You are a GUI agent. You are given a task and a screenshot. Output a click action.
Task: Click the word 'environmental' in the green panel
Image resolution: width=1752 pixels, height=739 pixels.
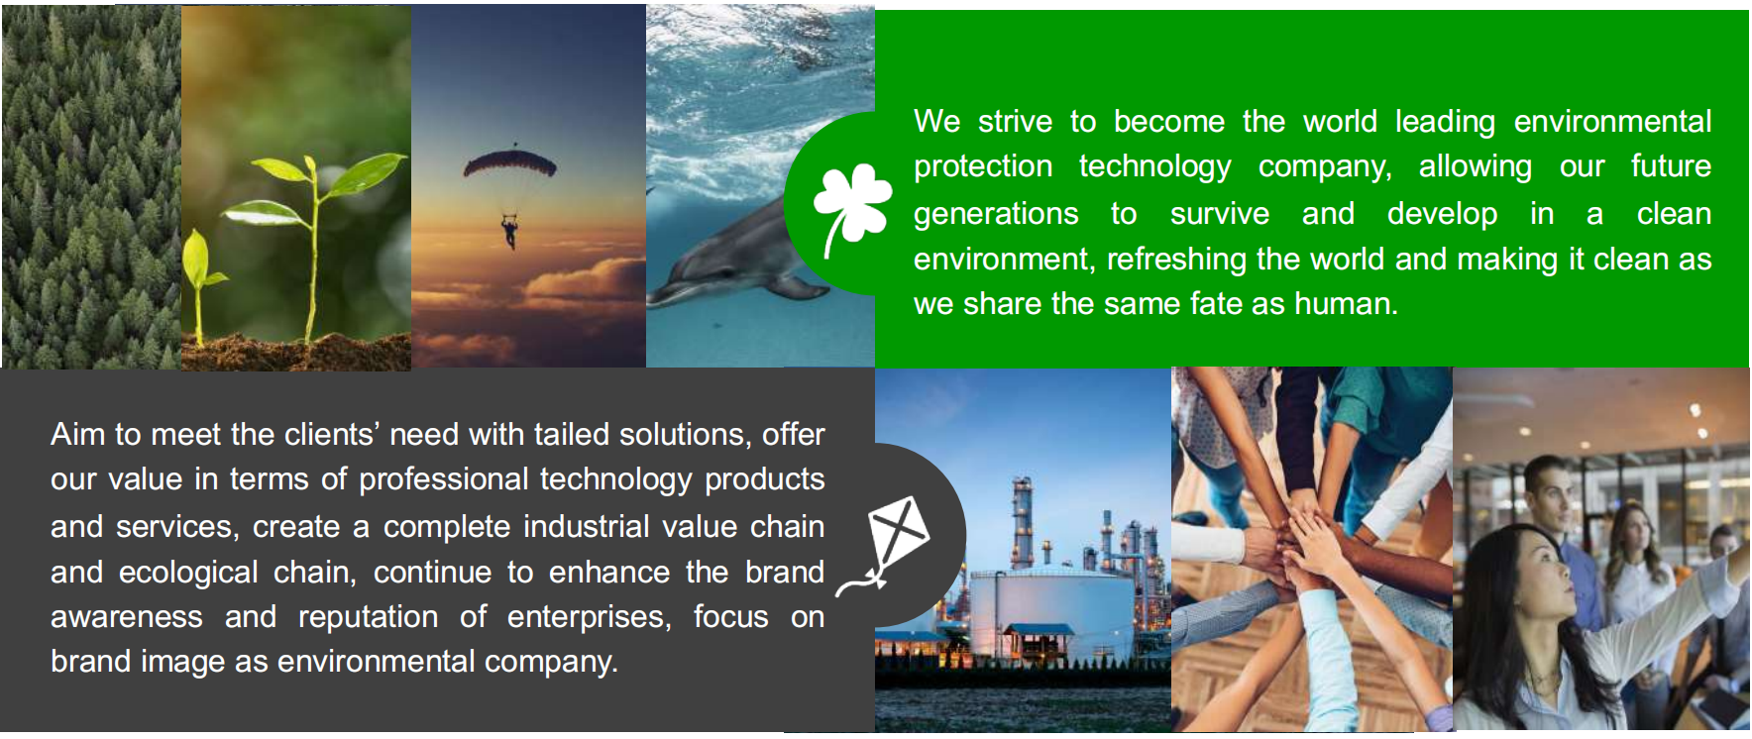click(1612, 122)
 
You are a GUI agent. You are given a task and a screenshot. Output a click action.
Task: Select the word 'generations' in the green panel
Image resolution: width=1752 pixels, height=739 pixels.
click(996, 215)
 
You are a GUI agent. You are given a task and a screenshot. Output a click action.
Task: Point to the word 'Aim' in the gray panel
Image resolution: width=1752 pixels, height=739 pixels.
click(77, 434)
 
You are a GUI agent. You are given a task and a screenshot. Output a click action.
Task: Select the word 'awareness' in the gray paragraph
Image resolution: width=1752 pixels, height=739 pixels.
click(127, 617)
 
